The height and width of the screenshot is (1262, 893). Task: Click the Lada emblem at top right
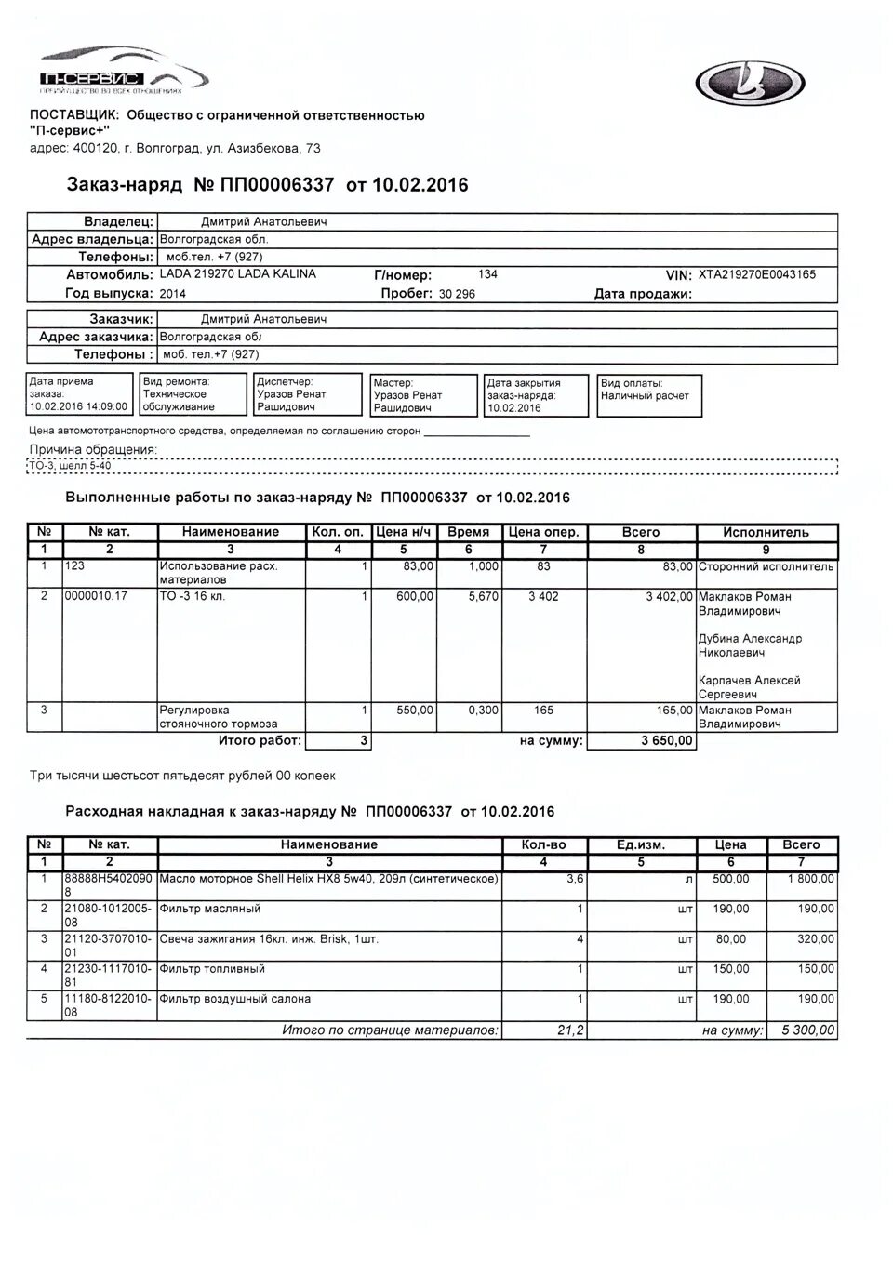(751, 84)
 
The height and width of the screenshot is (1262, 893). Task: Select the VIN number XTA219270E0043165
(756, 275)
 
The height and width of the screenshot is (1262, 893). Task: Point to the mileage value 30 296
(457, 294)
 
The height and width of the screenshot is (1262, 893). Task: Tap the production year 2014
(173, 294)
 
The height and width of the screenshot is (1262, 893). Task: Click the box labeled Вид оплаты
(649, 395)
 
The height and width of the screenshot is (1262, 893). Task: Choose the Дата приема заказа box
(78, 394)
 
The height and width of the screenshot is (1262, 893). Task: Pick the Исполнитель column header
(766, 533)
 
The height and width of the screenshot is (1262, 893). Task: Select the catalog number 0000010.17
(96, 596)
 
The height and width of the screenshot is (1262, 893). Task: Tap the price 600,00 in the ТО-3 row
(414, 596)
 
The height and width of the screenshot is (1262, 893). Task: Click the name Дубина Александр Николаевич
(750, 645)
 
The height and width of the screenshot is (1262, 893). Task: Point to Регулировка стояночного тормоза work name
(219, 717)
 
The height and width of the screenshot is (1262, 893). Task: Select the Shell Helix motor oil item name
(329, 879)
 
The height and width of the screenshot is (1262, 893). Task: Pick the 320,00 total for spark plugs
(816, 939)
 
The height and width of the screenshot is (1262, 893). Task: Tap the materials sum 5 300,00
(806, 1030)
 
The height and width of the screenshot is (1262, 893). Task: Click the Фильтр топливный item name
(212, 969)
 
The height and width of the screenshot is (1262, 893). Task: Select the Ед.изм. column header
(640, 845)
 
